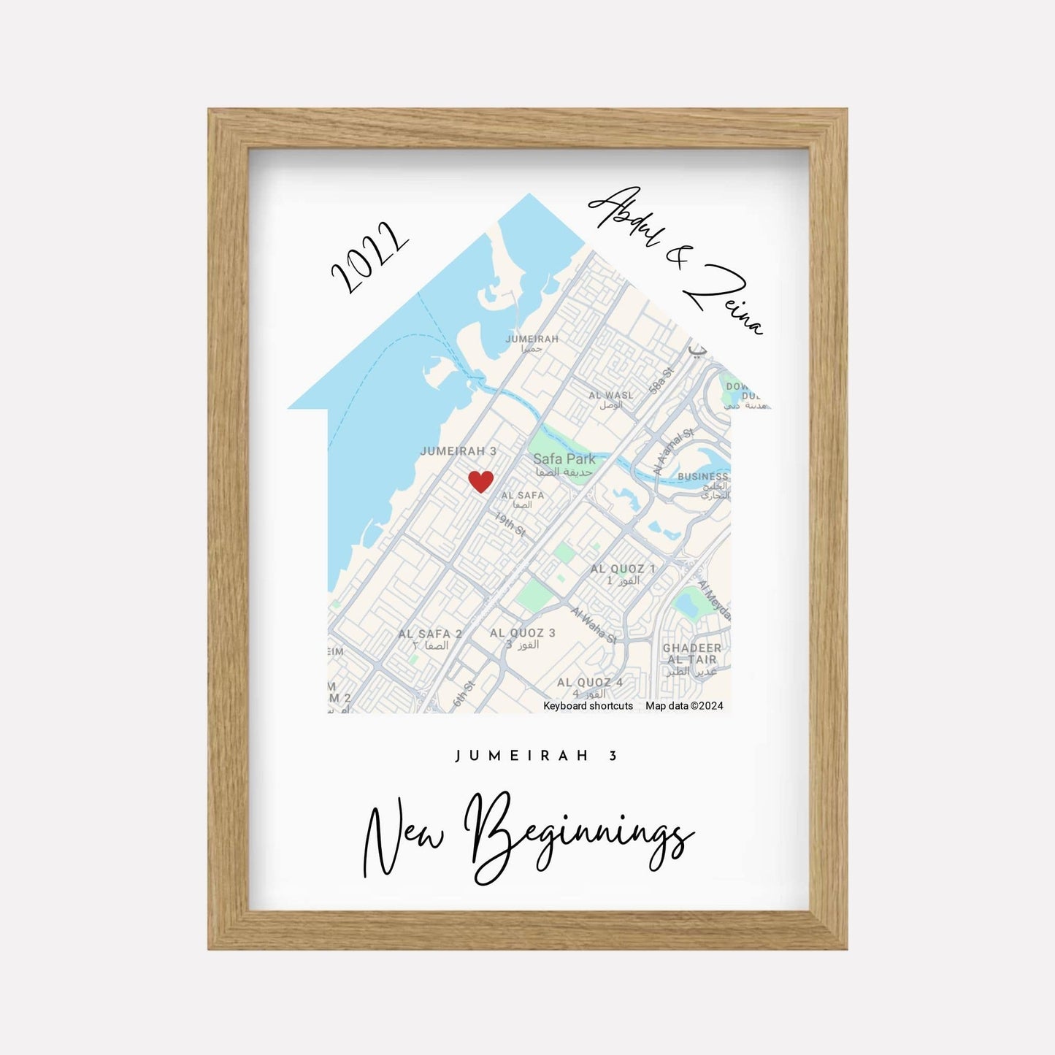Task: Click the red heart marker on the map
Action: pos(480,482)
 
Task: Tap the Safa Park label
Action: pos(564,459)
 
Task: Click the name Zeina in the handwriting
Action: pos(722,300)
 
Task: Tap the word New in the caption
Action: pos(403,840)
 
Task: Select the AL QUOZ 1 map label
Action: pos(623,569)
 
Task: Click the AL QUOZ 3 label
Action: pos(522,633)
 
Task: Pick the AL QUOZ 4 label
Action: pos(590,683)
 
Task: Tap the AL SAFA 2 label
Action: pos(430,634)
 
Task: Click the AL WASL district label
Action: pos(611,395)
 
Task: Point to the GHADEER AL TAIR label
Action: pos(691,653)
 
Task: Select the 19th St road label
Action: pos(510,523)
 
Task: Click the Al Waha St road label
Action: pos(594,625)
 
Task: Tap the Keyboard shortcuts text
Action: pos(588,706)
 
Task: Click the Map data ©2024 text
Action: pos(684,706)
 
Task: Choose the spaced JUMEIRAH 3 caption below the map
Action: pos(537,756)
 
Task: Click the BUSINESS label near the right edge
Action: pos(702,477)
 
